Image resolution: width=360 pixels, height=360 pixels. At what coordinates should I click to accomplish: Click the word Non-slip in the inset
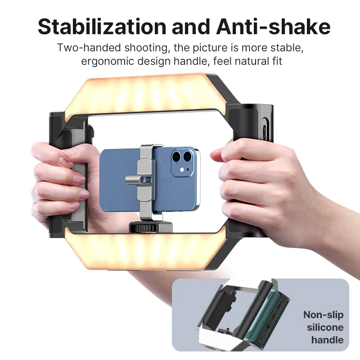click(323, 315)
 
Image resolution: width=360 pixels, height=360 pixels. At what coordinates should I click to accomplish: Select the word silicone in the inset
click(325, 327)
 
